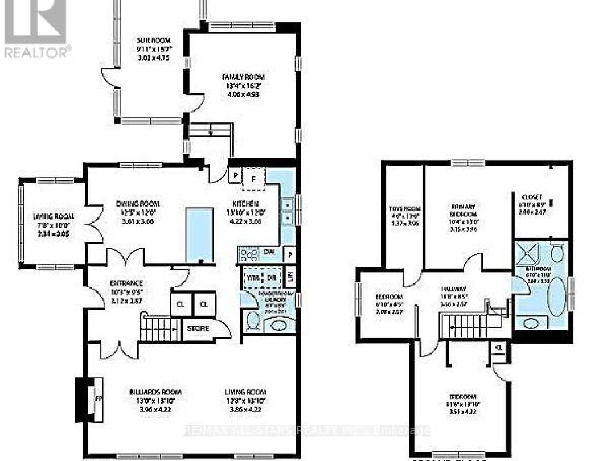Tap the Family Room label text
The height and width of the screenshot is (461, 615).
point(243,77)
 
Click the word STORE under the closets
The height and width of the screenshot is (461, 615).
point(198,328)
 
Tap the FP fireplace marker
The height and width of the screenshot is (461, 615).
point(98,398)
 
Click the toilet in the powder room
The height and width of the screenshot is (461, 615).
point(253,323)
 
